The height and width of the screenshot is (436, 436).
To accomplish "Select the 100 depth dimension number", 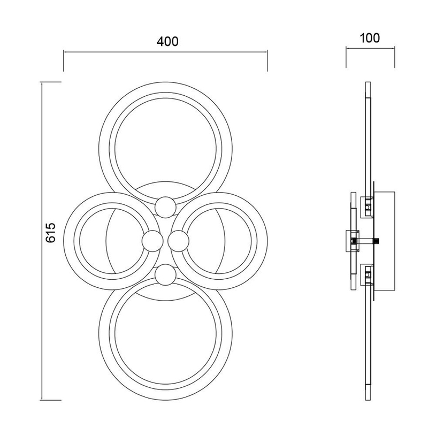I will coord(370,38).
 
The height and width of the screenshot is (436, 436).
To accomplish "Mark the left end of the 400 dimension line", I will coord(64,52).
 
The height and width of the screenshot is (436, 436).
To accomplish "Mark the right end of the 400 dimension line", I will coord(267,52).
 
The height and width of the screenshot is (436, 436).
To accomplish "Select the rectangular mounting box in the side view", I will coord(384,241).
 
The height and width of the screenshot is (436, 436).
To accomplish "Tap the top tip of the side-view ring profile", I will coord(367,85).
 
